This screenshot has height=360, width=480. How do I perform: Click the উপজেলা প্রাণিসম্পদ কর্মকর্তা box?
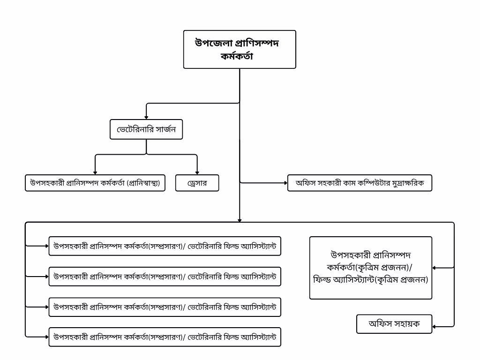[239, 49]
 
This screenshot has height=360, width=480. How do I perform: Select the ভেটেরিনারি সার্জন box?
[146, 129]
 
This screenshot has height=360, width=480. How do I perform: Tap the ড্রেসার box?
[197, 183]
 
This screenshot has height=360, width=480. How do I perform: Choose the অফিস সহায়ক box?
[394, 324]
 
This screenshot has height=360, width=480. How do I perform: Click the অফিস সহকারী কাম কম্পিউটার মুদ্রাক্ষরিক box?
[360, 183]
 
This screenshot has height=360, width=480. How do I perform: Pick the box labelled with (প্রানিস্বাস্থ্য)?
[95, 183]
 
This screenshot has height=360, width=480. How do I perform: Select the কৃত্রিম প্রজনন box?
[370, 268]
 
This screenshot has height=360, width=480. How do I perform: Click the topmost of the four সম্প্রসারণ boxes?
[165, 246]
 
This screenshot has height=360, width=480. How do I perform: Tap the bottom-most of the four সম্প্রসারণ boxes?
[165, 337]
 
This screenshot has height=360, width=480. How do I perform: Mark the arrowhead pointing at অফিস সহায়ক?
[435, 326]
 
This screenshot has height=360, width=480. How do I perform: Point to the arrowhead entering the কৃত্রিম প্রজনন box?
[435, 268]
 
